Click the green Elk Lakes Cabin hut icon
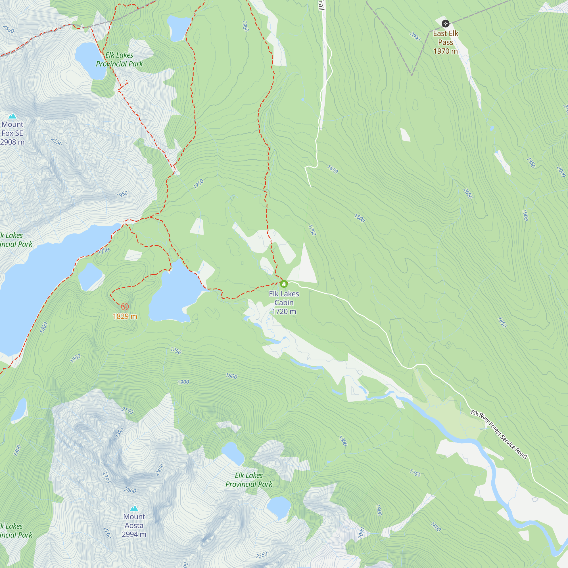coord(284,284)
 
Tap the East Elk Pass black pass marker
coord(445,24)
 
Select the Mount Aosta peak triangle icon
coord(134,508)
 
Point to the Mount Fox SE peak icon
coord(12,116)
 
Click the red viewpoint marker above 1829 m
coord(125,307)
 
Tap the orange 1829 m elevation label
coord(125,316)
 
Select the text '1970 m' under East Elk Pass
coord(445,51)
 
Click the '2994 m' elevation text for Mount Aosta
coord(134,534)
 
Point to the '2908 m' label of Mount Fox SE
coord(12,142)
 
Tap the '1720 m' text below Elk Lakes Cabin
coord(284,311)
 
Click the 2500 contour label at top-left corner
coord(9,29)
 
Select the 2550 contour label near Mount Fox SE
coord(57,141)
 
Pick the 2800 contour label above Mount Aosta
coord(130,490)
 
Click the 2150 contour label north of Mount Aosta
coord(127,411)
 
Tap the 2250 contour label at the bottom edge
coord(261,555)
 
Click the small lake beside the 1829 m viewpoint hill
coord(90,276)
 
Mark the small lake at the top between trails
coord(178,28)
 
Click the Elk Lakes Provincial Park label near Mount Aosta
coord(249,479)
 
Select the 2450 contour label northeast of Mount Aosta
coord(159,469)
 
